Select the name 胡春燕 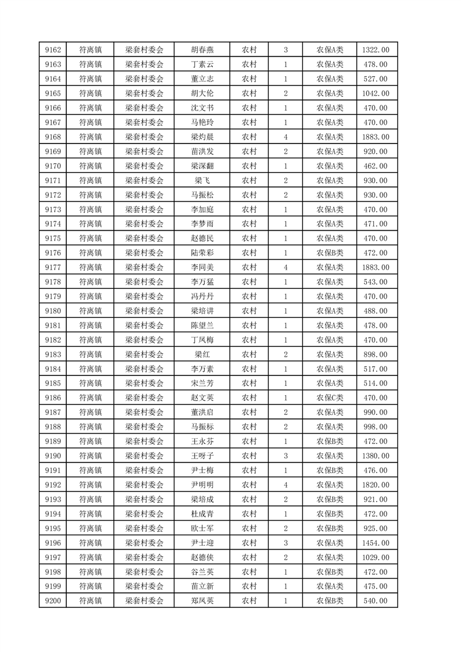pyautogui.click(x=202, y=50)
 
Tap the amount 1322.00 pyautogui.click(x=376, y=50)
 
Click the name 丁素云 pyautogui.click(x=202, y=65)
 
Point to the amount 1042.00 pyautogui.click(x=376, y=94)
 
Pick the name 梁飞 pyautogui.click(x=202, y=181)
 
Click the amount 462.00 pyautogui.click(x=376, y=166)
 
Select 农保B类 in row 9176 pyautogui.click(x=330, y=253)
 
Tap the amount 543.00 pyautogui.click(x=376, y=282)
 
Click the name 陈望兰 pyautogui.click(x=202, y=325)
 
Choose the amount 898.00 pyautogui.click(x=376, y=354)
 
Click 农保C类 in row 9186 pyautogui.click(x=330, y=398)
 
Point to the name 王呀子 pyautogui.click(x=202, y=456)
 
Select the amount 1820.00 pyautogui.click(x=376, y=485)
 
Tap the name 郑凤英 pyautogui.click(x=202, y=601)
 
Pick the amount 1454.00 pyautogui.click(x=376, y=543)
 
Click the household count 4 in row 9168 pyautogui.click(x=285, y=137)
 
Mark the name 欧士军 pyautogui.click(x=202, y=528)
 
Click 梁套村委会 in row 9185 pyautogui.click(x=144, y=384)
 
